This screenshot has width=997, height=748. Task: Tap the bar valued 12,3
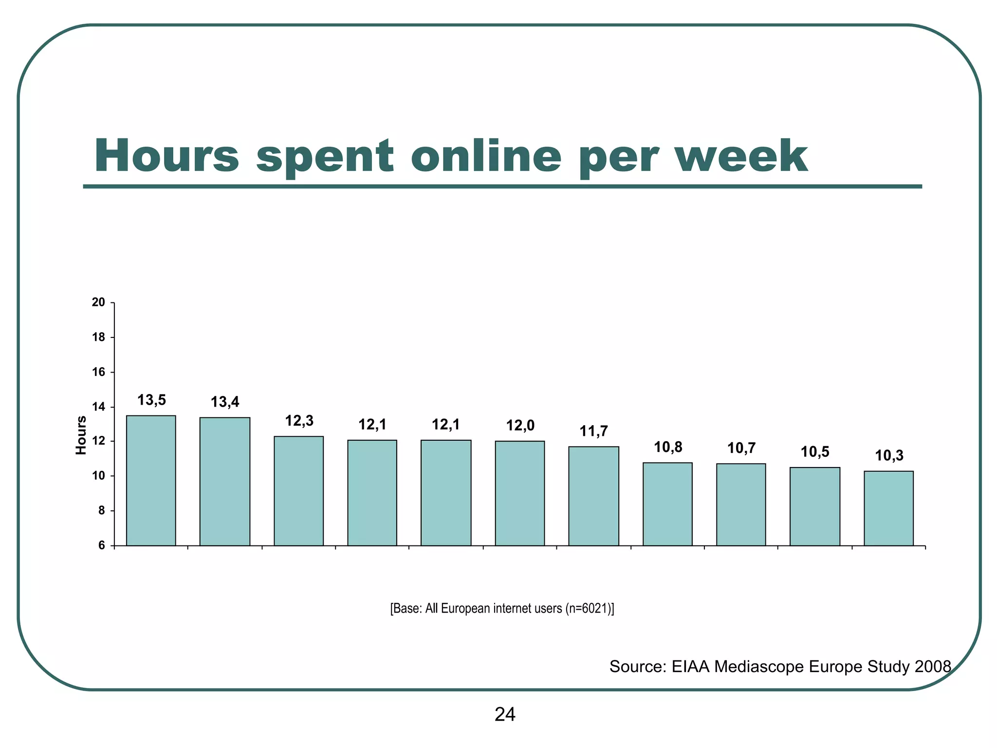(298, 490)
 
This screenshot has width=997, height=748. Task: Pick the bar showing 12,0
(520, 493)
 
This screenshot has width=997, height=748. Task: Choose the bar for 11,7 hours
(593, 496)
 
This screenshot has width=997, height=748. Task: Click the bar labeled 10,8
(667, 504)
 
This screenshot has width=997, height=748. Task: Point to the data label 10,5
(815, 452)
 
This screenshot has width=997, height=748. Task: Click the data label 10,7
(741, 448)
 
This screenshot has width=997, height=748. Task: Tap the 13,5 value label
(151, 400)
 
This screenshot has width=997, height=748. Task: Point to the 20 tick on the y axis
(99, 302)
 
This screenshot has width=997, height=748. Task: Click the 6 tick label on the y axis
(102, 545)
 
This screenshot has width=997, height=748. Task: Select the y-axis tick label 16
(99, 372)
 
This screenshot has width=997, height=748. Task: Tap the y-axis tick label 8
(102, 511)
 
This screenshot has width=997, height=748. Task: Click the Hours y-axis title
(81, 435)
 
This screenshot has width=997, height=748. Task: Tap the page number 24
(505, 714)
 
